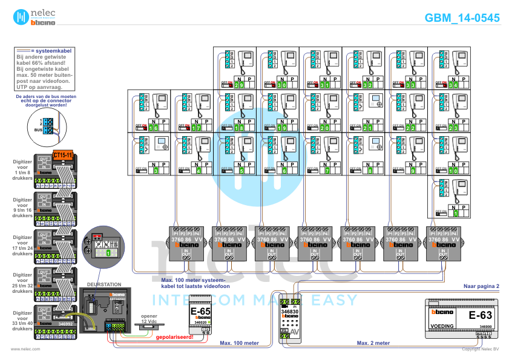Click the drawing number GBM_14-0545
462,18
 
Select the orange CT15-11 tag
63,155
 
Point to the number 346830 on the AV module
291,310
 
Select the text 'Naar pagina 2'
481,285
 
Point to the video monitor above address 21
375,102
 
